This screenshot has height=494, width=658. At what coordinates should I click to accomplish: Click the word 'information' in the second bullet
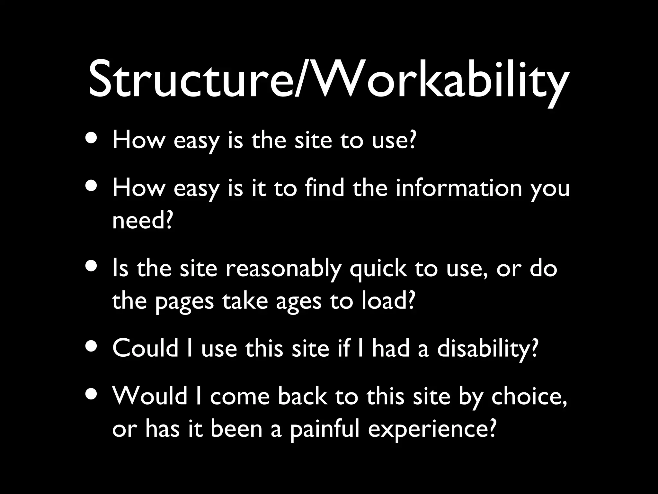click(459, 188)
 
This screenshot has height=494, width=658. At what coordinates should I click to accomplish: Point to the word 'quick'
click(378, 269)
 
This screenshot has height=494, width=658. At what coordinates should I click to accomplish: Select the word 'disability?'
click(487, 349)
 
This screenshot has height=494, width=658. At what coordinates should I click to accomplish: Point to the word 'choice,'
click(529, 397)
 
